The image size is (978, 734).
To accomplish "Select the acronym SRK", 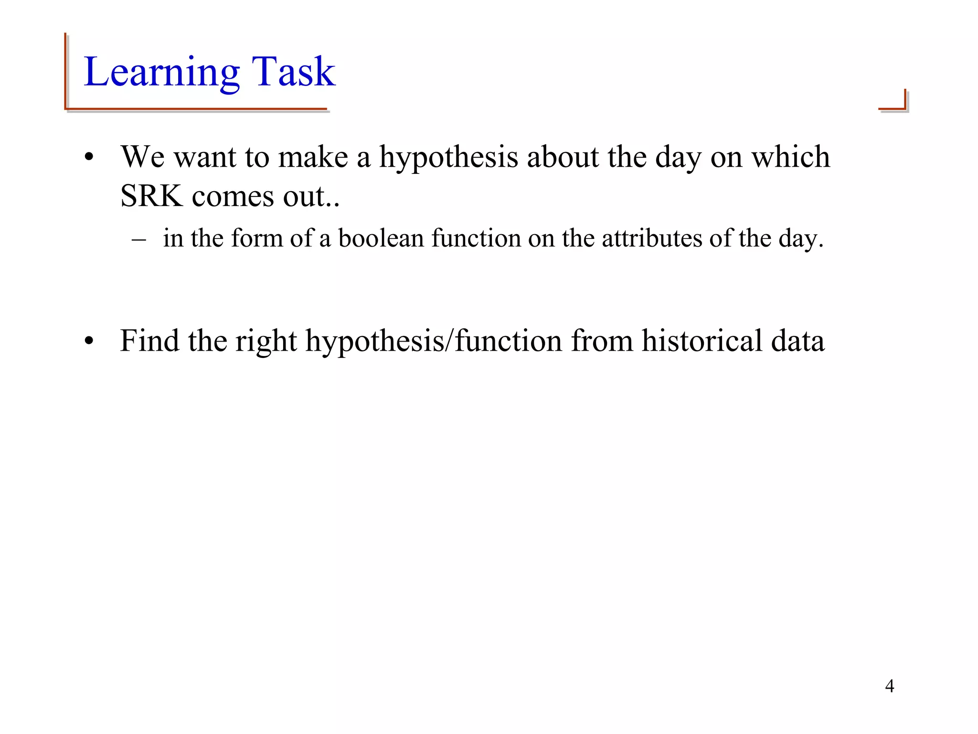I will (x=151, y=196).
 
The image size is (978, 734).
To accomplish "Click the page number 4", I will (x=889, y=686).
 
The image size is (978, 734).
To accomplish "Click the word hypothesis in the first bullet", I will (x=448, y=158).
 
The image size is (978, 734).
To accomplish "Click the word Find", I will (x=149, y=341).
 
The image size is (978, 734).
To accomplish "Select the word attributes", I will (x=651, y=238).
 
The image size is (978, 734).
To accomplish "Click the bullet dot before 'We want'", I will (x=89, y=158).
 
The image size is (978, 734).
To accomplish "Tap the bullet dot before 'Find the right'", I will (x=89, y=342).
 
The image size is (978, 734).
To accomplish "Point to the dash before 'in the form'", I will (x=138, y=239).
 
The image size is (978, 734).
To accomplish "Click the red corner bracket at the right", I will (x=894, y=101).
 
